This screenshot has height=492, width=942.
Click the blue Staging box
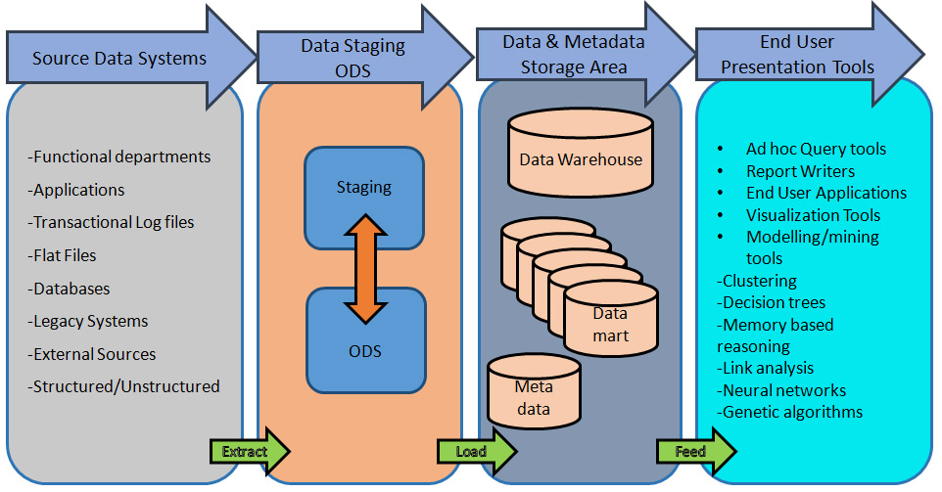364,188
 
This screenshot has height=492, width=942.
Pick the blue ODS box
364,351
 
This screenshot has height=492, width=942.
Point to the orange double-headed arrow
364,269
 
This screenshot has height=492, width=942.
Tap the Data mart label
611,325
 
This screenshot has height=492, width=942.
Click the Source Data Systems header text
119,59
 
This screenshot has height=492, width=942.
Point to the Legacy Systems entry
89,321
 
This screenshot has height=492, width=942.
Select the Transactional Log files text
112,222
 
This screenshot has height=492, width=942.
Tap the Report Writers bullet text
800,171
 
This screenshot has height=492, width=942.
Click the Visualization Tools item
813,215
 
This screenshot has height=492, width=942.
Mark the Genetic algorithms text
790,412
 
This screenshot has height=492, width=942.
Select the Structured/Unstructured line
124,386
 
